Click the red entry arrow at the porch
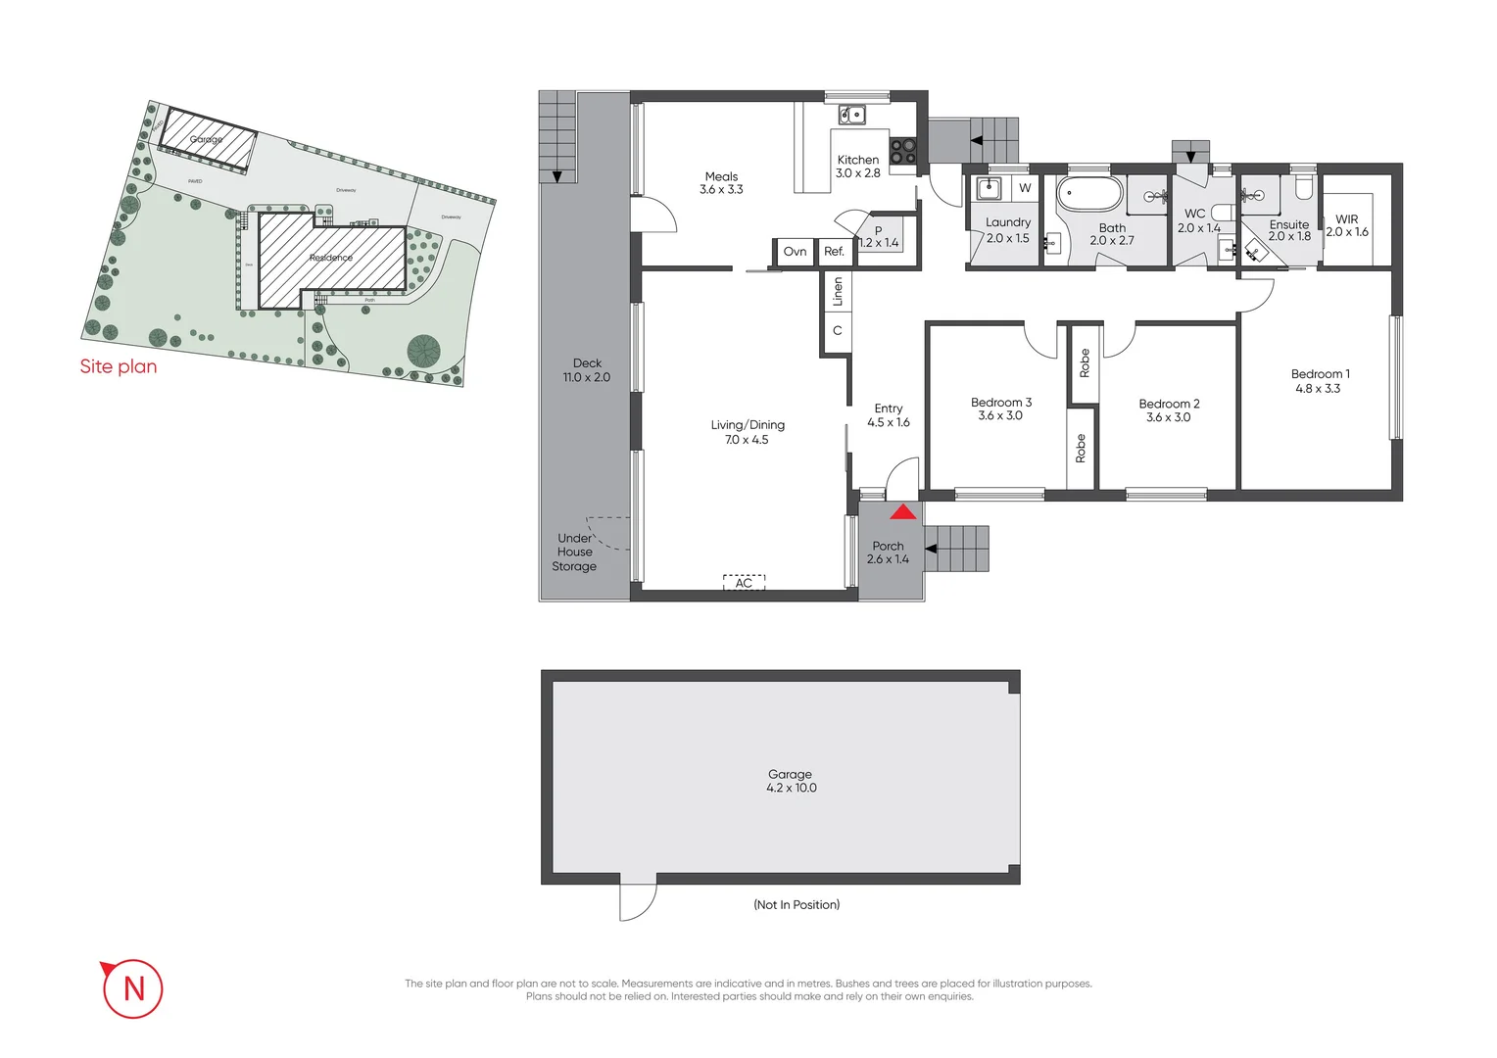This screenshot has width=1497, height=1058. pos(902,511)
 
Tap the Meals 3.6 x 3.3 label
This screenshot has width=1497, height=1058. pos(721,183)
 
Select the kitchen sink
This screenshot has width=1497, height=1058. pos(851,115)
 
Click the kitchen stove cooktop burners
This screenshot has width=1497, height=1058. pos(903,151)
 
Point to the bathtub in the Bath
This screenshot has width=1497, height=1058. pos(1088,193)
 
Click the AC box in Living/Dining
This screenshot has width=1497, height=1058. pos(744,583)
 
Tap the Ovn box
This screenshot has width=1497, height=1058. pos(795,252)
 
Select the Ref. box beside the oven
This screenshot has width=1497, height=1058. pos(834,252)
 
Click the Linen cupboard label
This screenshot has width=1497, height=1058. pos(838,292)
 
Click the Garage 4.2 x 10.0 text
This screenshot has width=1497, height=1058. pos(791,781)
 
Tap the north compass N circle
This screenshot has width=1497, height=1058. pos(133,988)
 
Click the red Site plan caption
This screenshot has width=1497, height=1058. pos(119,366)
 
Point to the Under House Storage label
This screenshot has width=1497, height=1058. pos(574,553)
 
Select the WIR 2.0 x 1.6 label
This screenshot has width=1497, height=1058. pos(1347,226)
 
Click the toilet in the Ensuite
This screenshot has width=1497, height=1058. pos(1304,186)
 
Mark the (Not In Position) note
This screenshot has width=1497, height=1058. pos(797,904)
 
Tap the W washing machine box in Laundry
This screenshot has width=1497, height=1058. pos(1025,188)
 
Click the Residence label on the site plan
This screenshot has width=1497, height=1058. pos(331,258)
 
